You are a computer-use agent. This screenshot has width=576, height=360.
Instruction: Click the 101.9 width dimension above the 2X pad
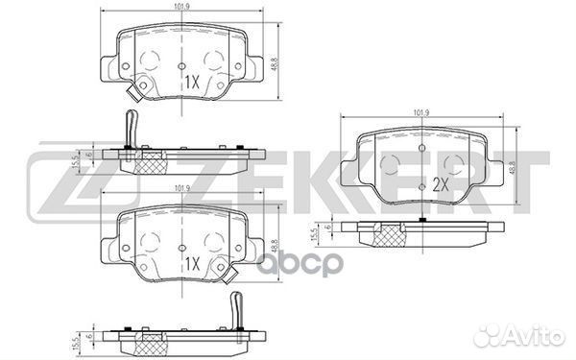pos(420,114)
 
